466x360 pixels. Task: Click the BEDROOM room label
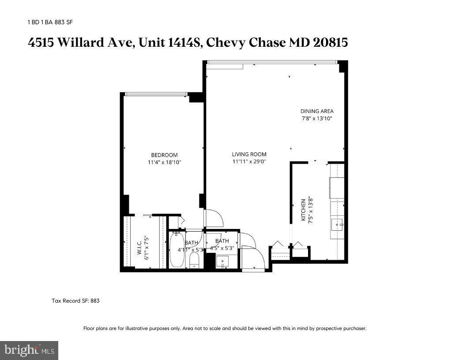[164, 155]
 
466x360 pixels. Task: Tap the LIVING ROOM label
[249, 154]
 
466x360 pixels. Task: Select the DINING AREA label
[317, 111]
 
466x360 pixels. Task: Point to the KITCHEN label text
[304, 210]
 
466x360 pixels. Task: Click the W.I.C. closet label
[139, 247]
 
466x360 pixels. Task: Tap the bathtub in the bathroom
[177, 250]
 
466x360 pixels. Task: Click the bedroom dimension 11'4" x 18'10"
[164, 162]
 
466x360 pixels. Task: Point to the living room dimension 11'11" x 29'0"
[249, 161]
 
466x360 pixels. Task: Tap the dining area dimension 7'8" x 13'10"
[317, 118]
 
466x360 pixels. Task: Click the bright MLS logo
[29, 350]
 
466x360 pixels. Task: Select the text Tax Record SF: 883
[76, 301]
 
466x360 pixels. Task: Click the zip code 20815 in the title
[331, 43]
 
